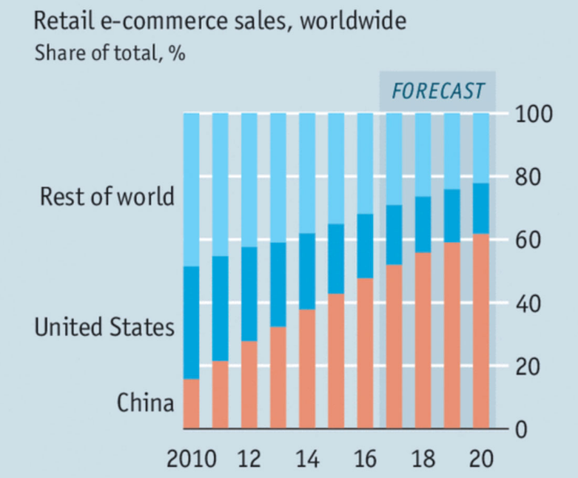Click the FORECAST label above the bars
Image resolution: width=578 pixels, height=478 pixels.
pyautogui.click(x=437, y=90)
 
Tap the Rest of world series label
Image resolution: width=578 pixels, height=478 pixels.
pyautogui.click(x=107, y=197)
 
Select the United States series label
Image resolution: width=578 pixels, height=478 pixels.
pyautogui.click(x=104, y=327)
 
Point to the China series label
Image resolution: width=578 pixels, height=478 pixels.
pyautogui.click(x=145, y=403)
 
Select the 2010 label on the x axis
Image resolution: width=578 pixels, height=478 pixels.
pyautogui.click(x=192, y=459)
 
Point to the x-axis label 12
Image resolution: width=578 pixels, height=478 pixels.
pyautogui.click(x=249, y=459)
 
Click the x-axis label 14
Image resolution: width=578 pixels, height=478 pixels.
pyautogui.click(x=307, y=459)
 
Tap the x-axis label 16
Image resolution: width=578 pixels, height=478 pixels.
pyautogui.click(x=365, y=459)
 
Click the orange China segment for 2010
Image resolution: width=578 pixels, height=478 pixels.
pyautogui.click(x=192, y=404)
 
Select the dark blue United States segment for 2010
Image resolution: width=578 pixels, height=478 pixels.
pyautogui.click(x=192, y=323)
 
